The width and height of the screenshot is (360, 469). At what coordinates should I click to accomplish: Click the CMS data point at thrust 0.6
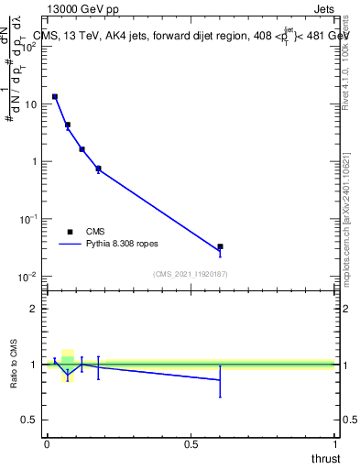tap(220, 246)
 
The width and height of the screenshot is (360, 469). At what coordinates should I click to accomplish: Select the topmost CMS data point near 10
tap(55, 96)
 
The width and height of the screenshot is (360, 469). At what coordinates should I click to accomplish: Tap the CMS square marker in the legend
tap(70, 232)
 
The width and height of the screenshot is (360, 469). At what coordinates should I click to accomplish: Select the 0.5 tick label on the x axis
tap(191, 444)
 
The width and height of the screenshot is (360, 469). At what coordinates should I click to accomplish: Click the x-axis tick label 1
tap(335, 444)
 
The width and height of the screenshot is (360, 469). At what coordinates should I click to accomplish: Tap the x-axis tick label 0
tap(47, 444)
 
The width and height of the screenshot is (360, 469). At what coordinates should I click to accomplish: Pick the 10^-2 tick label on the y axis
tap(28, 277)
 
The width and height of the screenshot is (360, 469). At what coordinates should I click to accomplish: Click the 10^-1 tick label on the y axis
tap(28, 219)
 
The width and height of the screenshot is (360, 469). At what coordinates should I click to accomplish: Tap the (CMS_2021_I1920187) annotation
tap(191, 274)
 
